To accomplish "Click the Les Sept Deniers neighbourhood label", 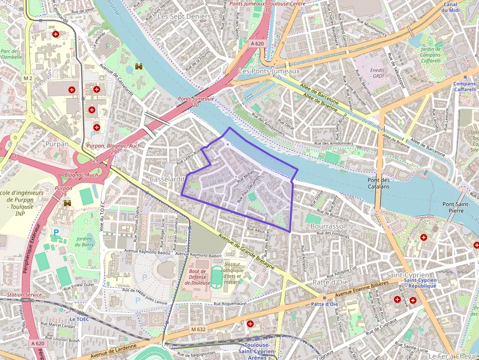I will [184, 16].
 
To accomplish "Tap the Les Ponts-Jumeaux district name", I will [269, 71].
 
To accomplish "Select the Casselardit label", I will [167, 179].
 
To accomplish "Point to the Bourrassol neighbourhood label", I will [328, 226].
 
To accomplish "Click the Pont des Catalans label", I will [378, 183].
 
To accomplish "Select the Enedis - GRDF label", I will [378, 73].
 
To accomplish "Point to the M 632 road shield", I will [198, 329].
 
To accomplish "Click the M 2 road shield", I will [27, 78].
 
